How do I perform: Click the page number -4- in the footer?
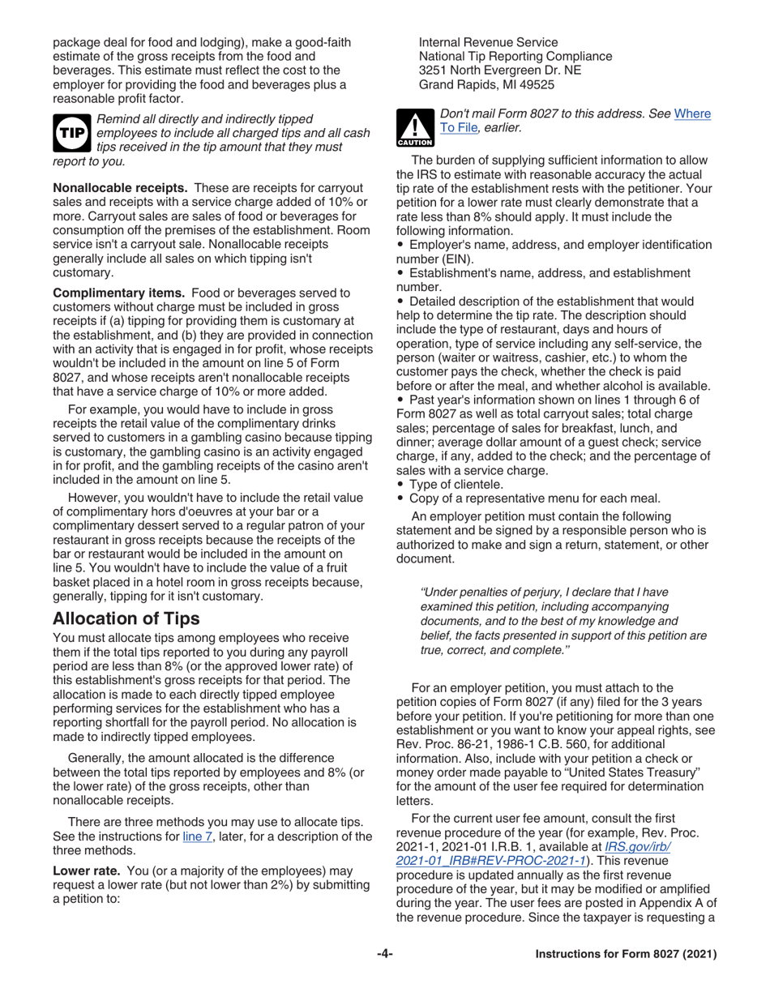click(x=385, y=954)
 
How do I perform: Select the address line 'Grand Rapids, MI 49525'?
click(x=486, y=83)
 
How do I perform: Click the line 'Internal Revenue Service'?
click(x=488, y=42)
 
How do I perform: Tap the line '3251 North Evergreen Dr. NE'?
click(x=499, y=70)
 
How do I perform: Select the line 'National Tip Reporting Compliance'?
click(x=515, y=56)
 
